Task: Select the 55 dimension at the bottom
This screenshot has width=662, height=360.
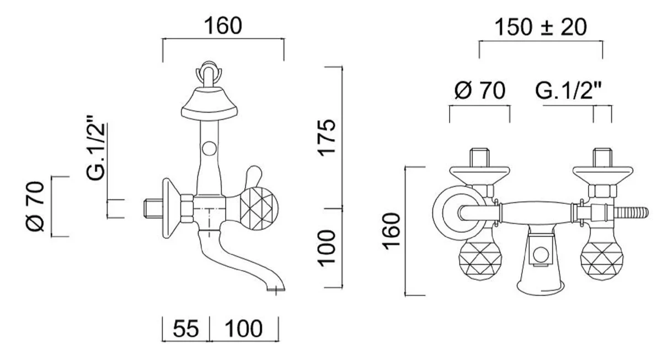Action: (186, 329)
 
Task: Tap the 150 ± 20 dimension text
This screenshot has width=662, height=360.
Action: (540, 28)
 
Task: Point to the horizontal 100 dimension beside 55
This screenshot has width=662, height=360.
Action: (244, 329)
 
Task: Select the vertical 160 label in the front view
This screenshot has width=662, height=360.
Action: (392, 230)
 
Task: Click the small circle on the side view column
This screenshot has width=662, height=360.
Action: (209, 148)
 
